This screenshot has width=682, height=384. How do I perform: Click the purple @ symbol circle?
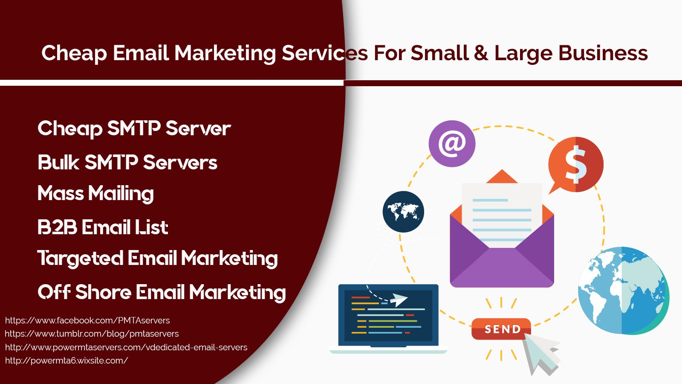452,143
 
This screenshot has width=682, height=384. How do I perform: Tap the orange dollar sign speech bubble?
575,165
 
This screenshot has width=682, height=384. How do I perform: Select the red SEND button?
501,329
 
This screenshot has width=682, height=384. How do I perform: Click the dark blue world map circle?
403,212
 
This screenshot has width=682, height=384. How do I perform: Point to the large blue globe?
624,291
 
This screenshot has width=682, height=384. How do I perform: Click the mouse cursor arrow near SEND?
542,354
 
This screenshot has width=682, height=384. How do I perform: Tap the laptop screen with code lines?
388,315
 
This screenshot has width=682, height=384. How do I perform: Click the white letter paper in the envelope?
502,215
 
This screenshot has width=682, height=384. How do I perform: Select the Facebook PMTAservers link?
87,320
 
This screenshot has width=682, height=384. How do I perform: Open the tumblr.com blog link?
92,334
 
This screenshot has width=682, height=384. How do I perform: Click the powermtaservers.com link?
126,347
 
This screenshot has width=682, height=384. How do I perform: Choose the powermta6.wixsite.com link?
66,361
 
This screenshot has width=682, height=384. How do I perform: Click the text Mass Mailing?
95,194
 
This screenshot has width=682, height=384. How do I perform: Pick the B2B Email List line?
103,227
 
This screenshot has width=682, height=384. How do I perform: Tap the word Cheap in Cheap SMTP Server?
70,128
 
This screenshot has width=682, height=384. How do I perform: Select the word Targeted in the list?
81,259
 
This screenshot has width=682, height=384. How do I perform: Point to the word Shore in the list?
103,292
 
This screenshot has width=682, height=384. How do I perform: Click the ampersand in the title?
481,53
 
